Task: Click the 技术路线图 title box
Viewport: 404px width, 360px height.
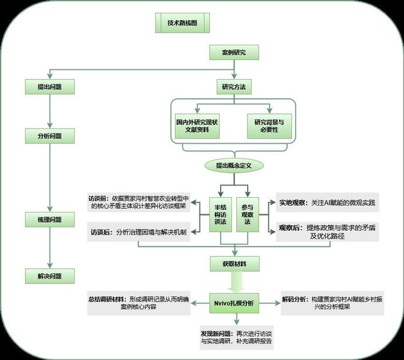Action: (x=183, y=24)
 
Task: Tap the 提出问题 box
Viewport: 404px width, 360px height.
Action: (x=50, y=87)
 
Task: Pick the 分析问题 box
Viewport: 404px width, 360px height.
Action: (x=50, y=135)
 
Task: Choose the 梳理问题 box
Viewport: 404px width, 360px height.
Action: (x=50, y=219)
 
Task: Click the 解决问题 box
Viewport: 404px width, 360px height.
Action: (x=50, y=276)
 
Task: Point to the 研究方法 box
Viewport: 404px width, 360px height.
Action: (x=233, y=87)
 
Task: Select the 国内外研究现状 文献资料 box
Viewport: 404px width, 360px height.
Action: (x=197, y=127)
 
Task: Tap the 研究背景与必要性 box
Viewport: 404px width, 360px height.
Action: (x=269, y=127)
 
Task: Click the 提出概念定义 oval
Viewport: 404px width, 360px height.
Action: (x=234, y=166)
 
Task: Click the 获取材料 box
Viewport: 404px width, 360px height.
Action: (x=233, y=264)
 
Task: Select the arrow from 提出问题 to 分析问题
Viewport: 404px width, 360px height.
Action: (x=50, y=111)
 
